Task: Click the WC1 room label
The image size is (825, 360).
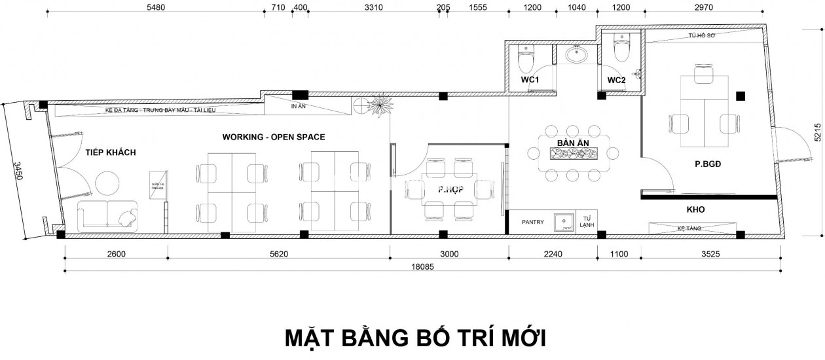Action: coord(530,80)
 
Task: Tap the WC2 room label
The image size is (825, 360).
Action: coord(617,80)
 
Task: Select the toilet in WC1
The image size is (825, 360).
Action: coord(526,61)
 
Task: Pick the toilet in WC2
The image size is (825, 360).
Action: coord(621,48)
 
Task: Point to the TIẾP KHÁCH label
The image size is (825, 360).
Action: coord(110,153)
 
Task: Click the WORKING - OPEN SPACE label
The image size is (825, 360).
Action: coord(273,137)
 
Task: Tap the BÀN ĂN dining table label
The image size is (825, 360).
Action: coord(571,143)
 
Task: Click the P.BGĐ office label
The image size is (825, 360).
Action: coord(708,165)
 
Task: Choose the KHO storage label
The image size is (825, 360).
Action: coord(695,210)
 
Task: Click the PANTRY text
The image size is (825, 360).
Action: coord(532,222)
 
